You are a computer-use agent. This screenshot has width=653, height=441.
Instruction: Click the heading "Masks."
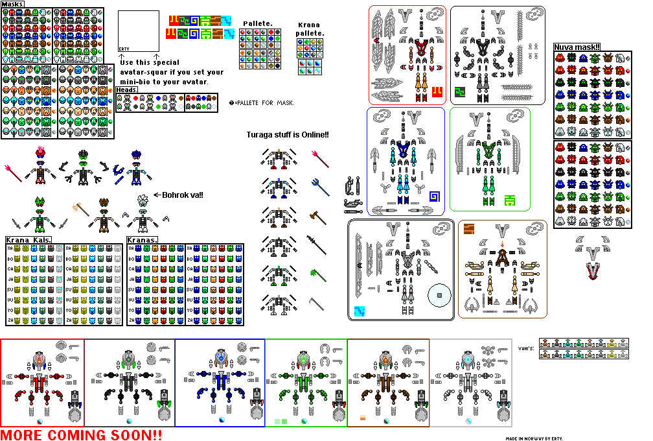(13, 4)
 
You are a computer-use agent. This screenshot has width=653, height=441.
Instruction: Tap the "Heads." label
(127, 90)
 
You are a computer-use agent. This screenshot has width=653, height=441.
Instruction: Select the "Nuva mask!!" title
(577, 47)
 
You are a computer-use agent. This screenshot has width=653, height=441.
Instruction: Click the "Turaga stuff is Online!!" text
(288, 134)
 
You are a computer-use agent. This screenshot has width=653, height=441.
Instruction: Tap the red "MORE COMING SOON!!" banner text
(81, 434)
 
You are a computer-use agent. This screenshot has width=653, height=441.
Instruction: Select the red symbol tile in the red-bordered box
(437, 90)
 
